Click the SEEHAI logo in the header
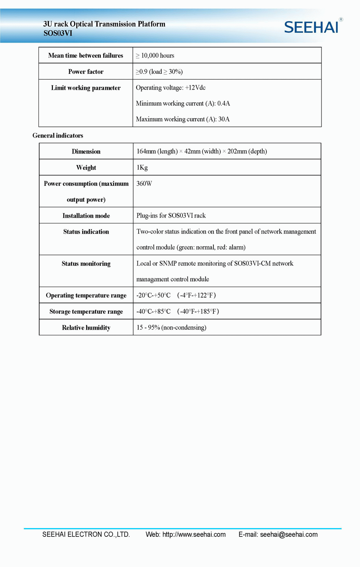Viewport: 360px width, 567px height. [x=311, y=27]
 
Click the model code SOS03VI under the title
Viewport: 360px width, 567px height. [x=58, y=34]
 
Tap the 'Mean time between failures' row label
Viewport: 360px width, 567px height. [x=86, y=55]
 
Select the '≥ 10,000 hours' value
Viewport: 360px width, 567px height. [x=155, y=55]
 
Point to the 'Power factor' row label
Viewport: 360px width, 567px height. [x=86, y=72]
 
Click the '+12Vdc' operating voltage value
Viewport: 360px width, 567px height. [x=195, y=88]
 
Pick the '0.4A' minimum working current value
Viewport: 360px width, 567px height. [x=224, y=103]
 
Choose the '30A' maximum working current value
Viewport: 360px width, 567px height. [x=224, y=119]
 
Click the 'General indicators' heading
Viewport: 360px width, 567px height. [x=58, y=135]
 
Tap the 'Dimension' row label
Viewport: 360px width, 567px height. [x=86, y=151]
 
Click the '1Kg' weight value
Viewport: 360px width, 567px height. [x=142, y=168]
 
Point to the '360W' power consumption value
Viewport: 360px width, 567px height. [x=144, y=183]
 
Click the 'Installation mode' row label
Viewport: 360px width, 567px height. [x=86, y=216]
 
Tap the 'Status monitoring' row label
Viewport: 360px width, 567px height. [x=86, y=264]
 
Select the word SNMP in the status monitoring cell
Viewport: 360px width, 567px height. [x=168, y=263]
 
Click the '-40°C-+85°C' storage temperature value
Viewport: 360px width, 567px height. [x=153, y=311]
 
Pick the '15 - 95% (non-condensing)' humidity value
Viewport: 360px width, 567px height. [x=171, y=327]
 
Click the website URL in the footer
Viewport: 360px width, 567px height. [x=194, y=534]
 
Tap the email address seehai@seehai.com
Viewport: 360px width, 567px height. [x=289, y=534]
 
